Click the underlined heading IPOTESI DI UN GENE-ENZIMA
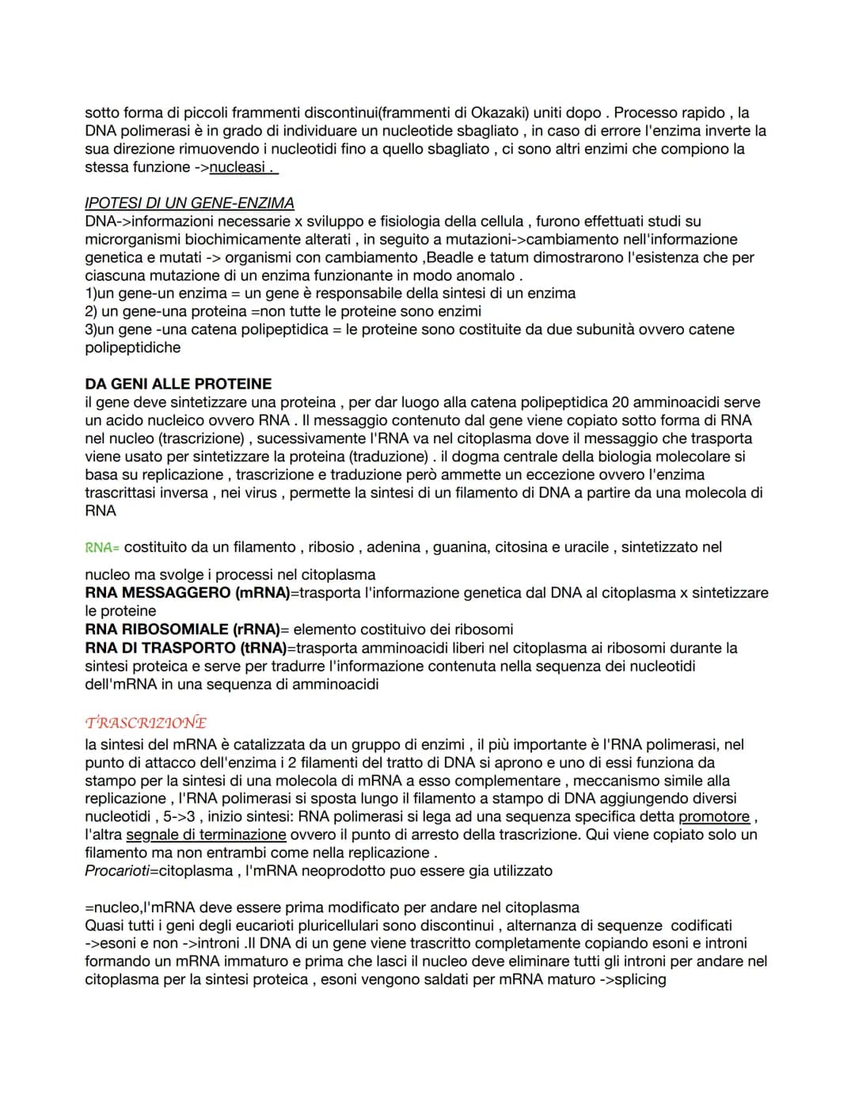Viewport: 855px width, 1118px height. (x=189, y=203)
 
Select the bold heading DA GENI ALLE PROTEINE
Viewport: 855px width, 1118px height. (x=178, y=384)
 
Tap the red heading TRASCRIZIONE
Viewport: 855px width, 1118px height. (x=146, y=723)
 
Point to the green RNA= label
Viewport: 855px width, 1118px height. (x=102, y=547)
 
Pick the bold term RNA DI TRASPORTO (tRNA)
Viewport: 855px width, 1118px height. (x=186, y=648)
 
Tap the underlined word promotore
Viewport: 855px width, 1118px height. (x=714, y=816)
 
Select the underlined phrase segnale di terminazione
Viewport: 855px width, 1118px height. (x=206, y=835)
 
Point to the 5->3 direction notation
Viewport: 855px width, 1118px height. (x=179, y=816)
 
